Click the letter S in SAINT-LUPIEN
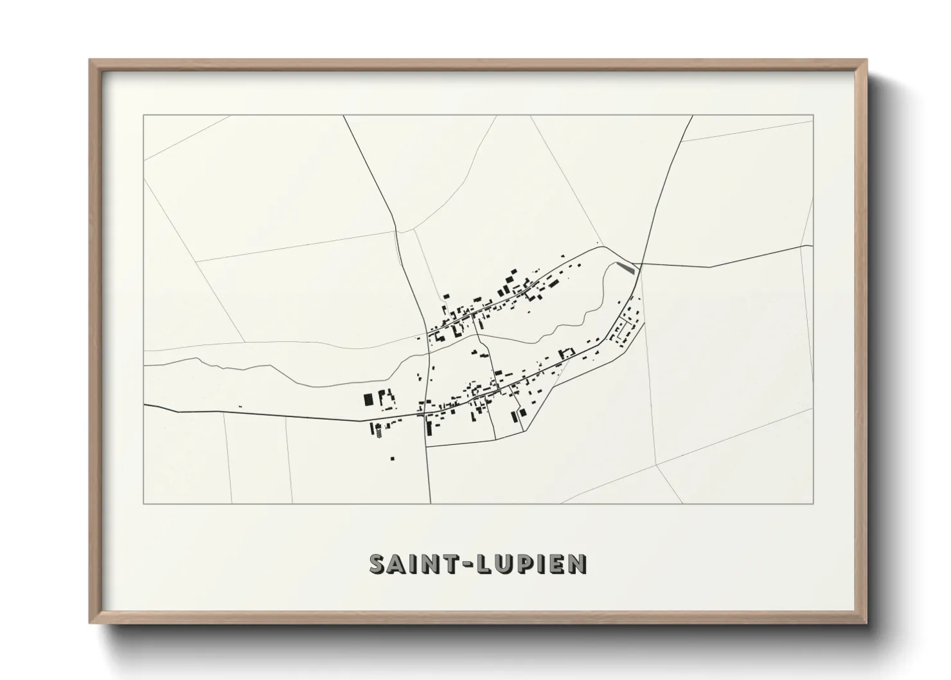tap(378, 564)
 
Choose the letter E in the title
tap(556, 564)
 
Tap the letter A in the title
tap(396, 564)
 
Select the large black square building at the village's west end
tap(368, 399)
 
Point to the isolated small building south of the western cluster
tap(393, 458)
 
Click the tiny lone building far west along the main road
tap(240, 406)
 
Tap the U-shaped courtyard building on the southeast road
tap(567, 353)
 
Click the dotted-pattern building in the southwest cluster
tap(378, 433)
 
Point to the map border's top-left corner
tap(143, 116)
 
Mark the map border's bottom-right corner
tap(813, 503)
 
